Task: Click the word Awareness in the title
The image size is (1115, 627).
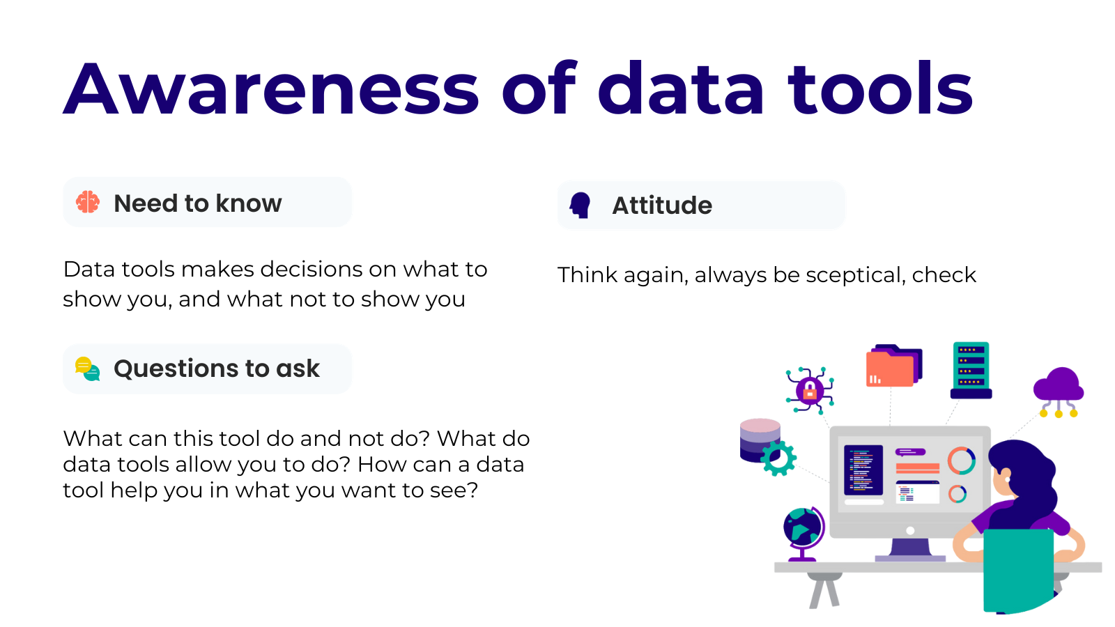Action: tap(271, 88)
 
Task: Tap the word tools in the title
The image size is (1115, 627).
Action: tap(880, 88)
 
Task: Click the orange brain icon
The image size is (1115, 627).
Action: tap(88, 202)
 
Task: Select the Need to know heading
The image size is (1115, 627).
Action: tap(198, 203)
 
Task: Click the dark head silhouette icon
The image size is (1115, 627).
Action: tap(580, 205)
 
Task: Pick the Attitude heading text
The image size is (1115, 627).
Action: tap(662, 205)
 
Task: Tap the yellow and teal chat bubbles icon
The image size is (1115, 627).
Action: tap(88, 369)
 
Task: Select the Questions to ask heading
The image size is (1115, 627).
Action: tap(217, 369)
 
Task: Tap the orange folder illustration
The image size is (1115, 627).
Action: tap(894, 366)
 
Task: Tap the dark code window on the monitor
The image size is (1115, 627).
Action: tap(863, 470)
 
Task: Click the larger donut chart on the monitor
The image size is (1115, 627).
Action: tap(961, 460)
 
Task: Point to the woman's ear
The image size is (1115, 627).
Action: tap(1006, 475)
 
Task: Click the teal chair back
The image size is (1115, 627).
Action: tap(1018, 570)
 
